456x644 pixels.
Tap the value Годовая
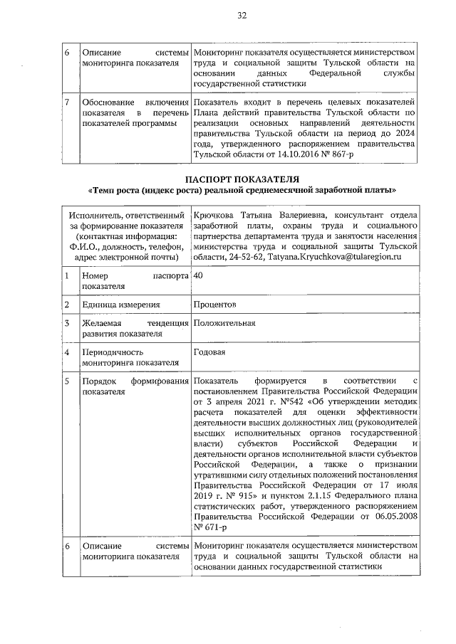coord(209,352)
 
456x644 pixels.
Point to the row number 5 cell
coord(66,381)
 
